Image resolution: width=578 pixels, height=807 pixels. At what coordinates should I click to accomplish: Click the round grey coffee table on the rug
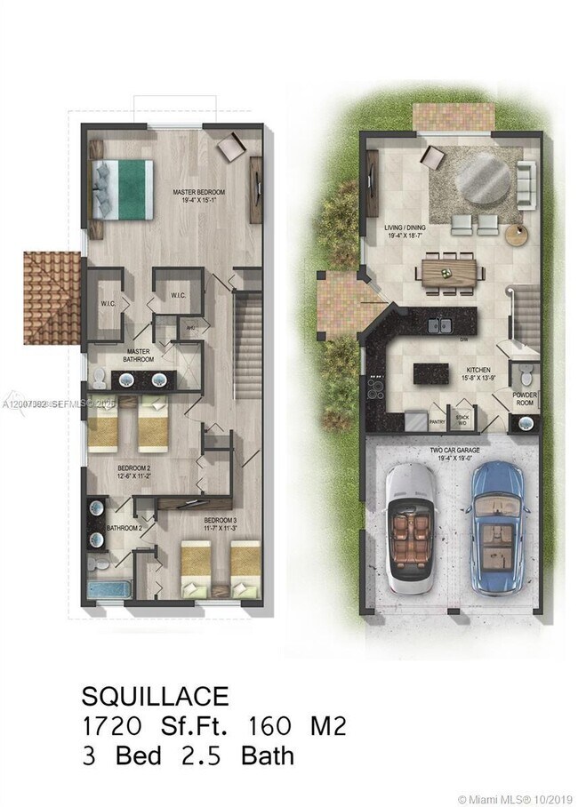point(484,183)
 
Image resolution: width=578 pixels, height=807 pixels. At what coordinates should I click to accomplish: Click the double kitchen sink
point(439,325)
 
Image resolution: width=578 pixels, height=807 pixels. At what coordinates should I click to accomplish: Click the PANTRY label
point(438,423)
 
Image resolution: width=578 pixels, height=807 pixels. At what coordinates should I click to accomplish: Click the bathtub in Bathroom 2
point(111,588)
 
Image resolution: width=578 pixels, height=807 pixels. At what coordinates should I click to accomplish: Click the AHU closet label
point(189,327)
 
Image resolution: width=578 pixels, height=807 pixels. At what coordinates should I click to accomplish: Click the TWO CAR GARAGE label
point(454,451)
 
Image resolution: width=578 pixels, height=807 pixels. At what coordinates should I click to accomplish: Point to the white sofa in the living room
point(525,181)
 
